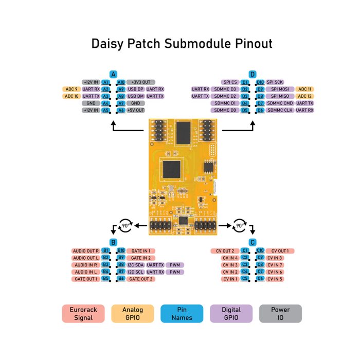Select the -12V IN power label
coord(91,82)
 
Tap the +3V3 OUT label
coord(140,82)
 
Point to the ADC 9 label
coord(71,89)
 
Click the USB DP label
coord(136,89)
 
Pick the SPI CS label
coord(230,82)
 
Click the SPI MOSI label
coord(280,89)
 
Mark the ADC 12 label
coord(305,96)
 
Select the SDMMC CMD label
coord(280,103)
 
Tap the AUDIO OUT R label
coord(86,251)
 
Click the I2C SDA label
coord(136,265)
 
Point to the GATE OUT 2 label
coord(140,279)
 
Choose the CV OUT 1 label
coord(280,251)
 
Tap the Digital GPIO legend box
coord(231,314)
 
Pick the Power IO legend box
coord(280,314)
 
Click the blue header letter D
coord(253,74)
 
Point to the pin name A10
coord(121,82)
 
